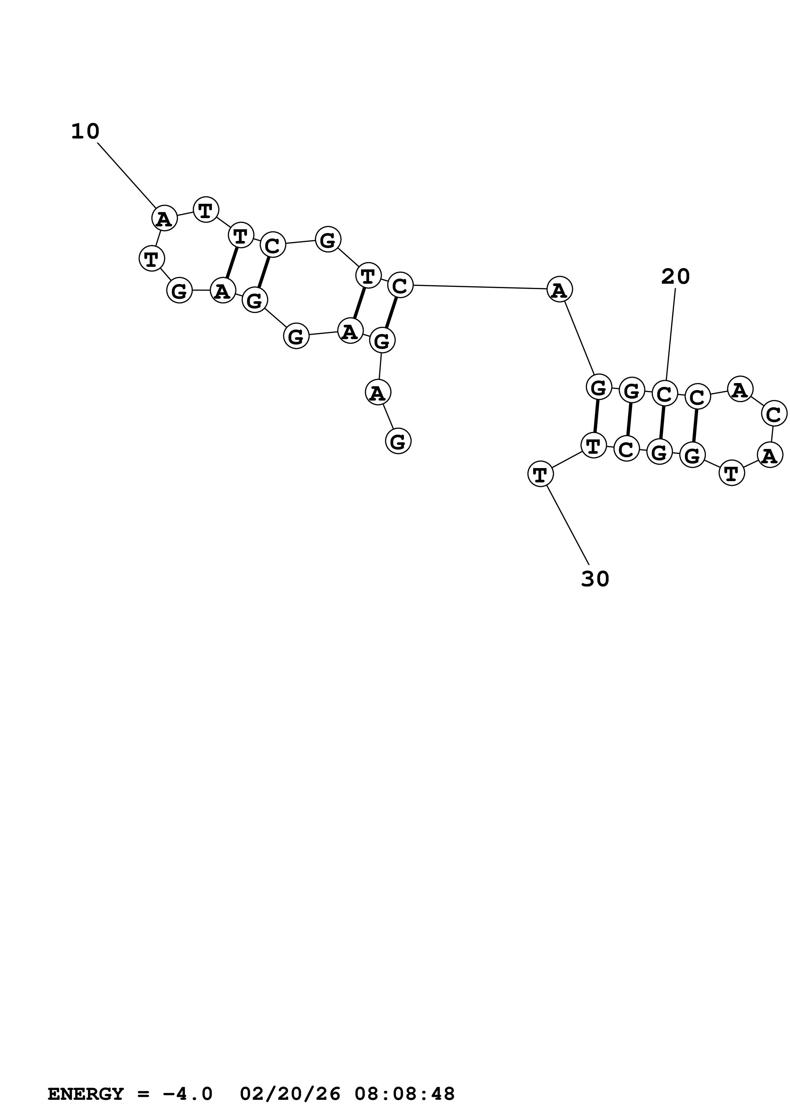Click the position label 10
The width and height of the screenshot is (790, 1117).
pyautogui.click(x=85, y=132)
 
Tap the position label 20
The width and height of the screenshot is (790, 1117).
pyautogui.click(x=675, y=277)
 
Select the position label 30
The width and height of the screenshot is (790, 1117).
pyautogui.click(x=595, y=579)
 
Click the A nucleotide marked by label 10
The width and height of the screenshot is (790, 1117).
pyautogui.click(x=164, y=218)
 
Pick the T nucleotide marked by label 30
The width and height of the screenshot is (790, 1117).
pyautogui.click(x=540, y=473)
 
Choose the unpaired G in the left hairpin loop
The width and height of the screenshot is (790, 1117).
pyautogui.click(x=180, y=291)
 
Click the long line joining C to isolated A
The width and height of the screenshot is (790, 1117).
pyautogui.click(x=480, y=287)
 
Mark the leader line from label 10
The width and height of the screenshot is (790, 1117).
pyautogui.click(x=127, y=175)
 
